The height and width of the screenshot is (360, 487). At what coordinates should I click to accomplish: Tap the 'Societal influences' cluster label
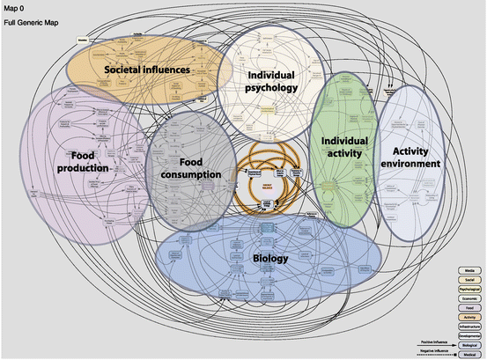point(145,68)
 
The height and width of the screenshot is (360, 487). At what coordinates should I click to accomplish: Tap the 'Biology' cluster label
point(269,260)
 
